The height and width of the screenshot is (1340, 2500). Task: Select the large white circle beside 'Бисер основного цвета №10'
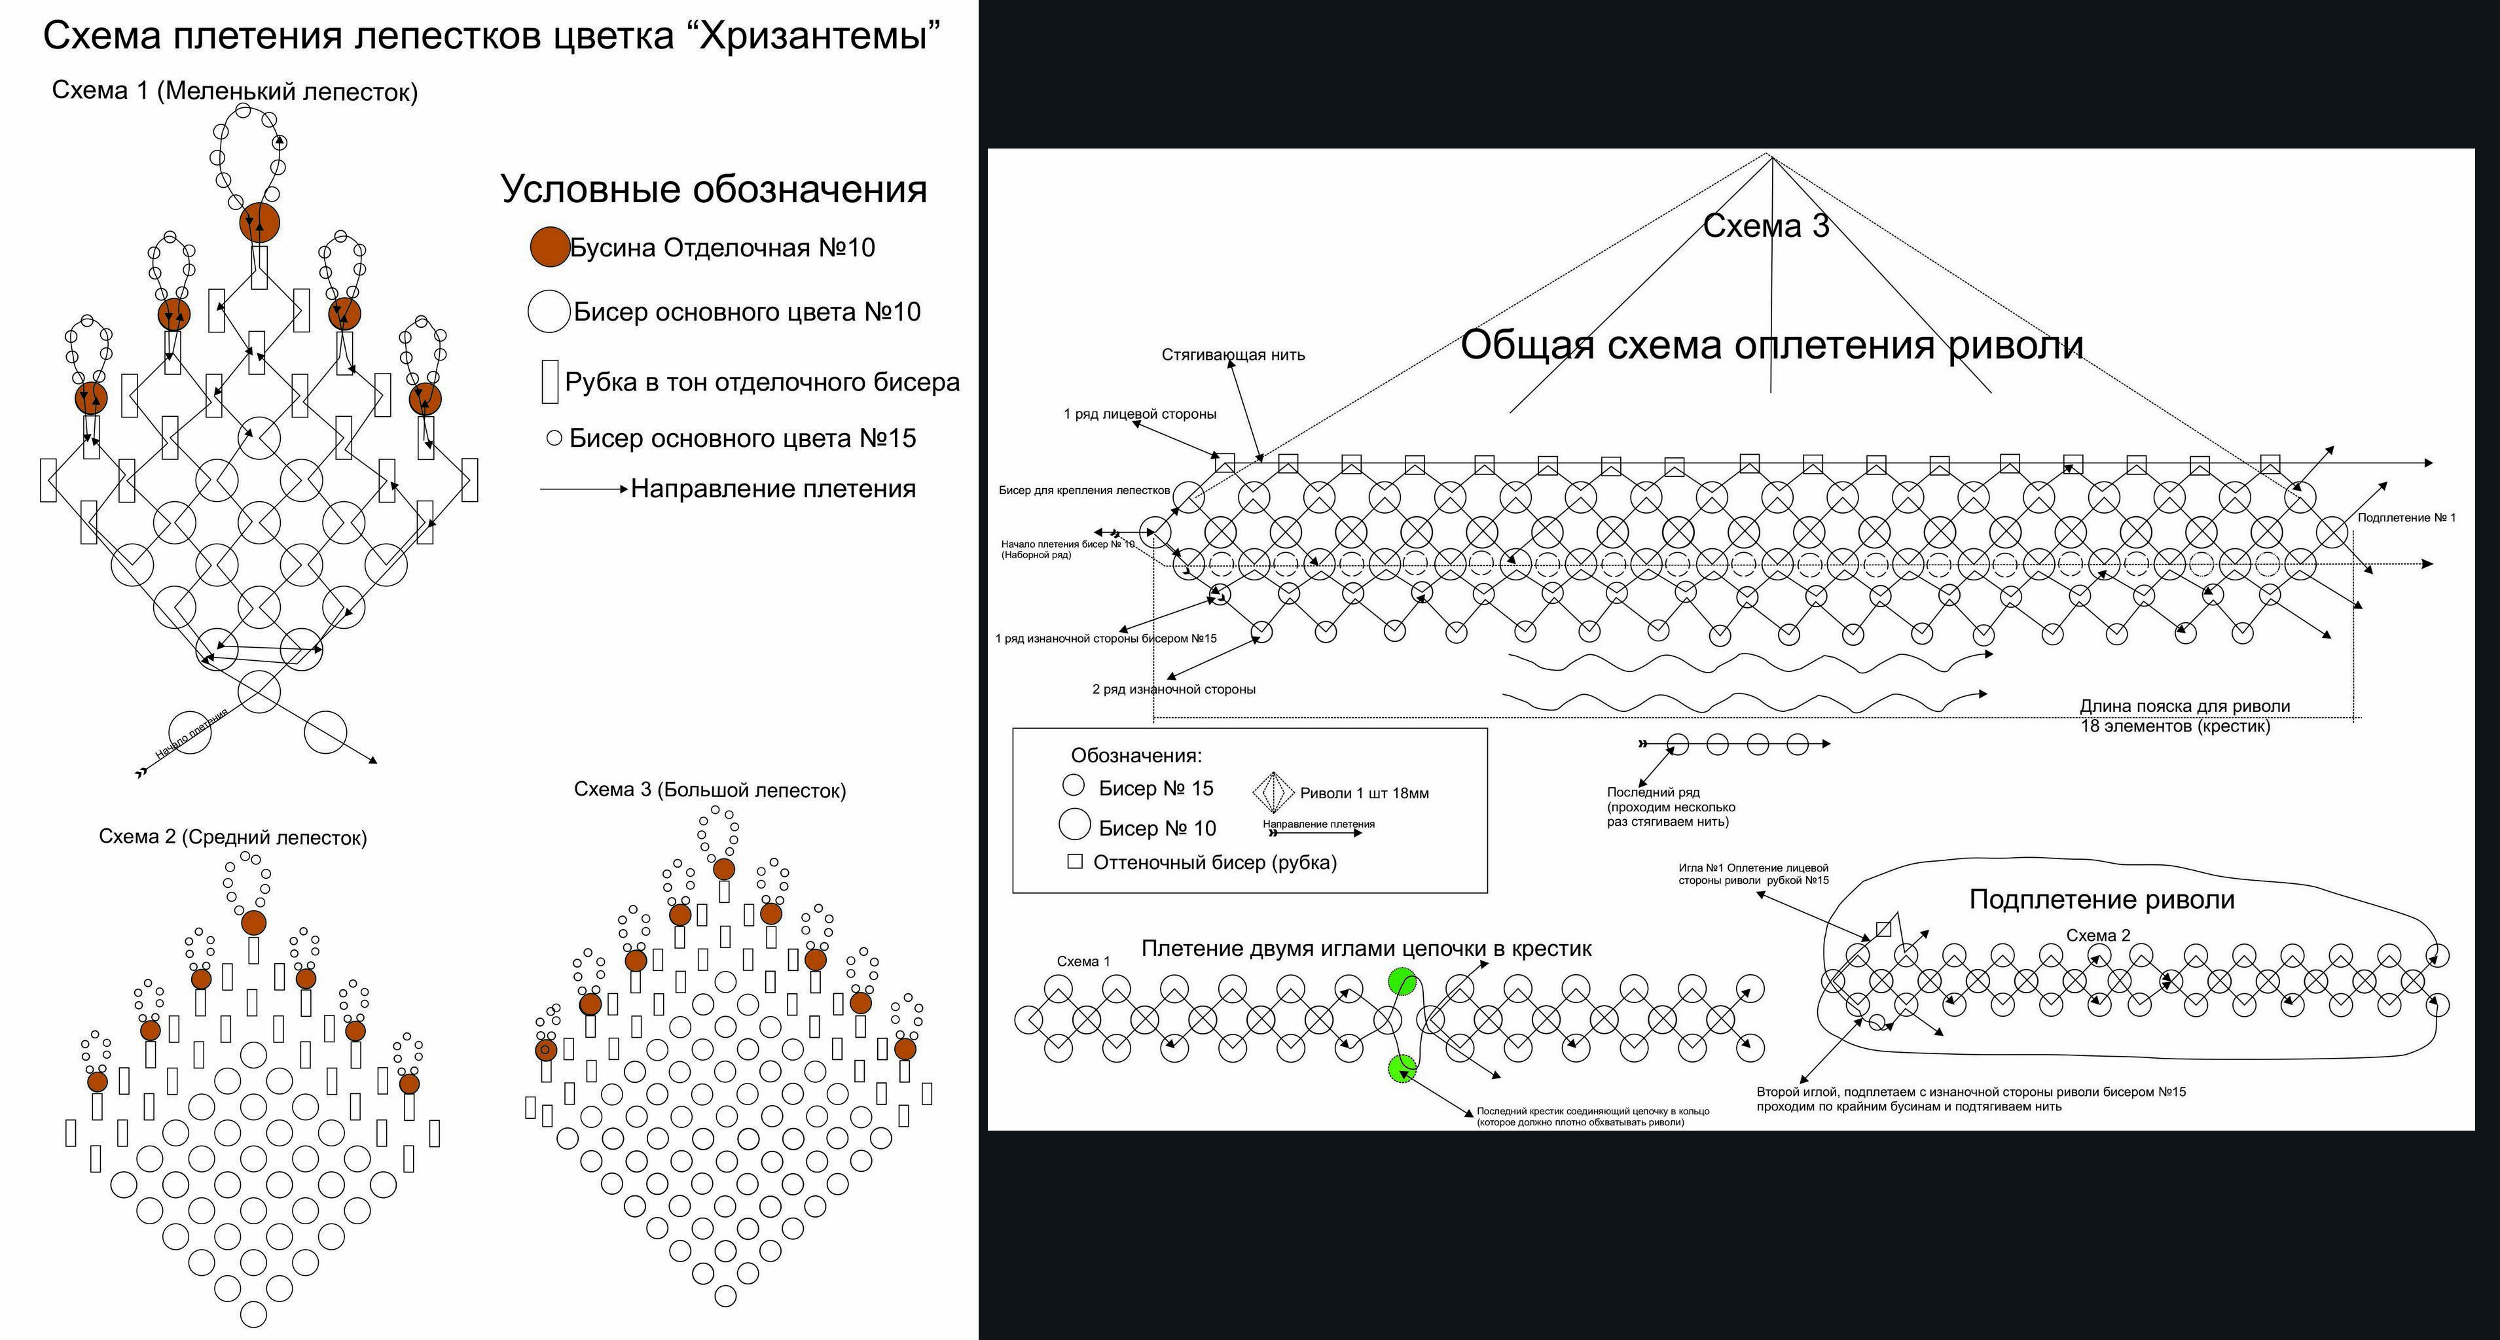(x=549, y=311)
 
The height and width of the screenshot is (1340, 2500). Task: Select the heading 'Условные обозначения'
(x=714, y=188)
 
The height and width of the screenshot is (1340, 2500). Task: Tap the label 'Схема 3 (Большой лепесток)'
(x=710, y=790)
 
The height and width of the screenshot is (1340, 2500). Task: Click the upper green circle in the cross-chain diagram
(x=1402, y=982)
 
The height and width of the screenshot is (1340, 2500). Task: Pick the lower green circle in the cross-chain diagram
(x=1402, y=1069)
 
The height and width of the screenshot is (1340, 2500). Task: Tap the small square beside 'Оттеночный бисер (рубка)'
(x=1076, y=860)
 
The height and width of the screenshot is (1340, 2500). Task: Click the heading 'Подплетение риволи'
(x=2102, y=900)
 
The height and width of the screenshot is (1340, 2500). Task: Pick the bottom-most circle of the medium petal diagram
(x=253, y=1314)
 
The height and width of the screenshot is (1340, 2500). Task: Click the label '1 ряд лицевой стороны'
(x=1140, y=414)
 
